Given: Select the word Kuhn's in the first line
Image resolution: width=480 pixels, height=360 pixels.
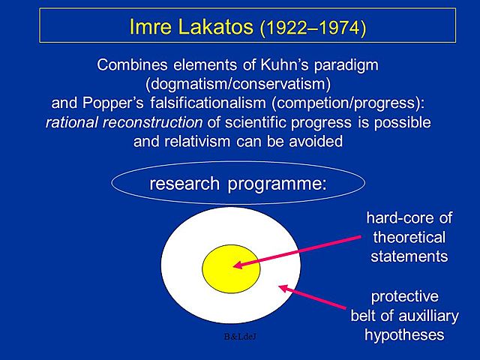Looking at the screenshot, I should tap(288, 64).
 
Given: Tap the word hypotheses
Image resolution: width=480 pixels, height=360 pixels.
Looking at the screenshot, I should tap(404, 334).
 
